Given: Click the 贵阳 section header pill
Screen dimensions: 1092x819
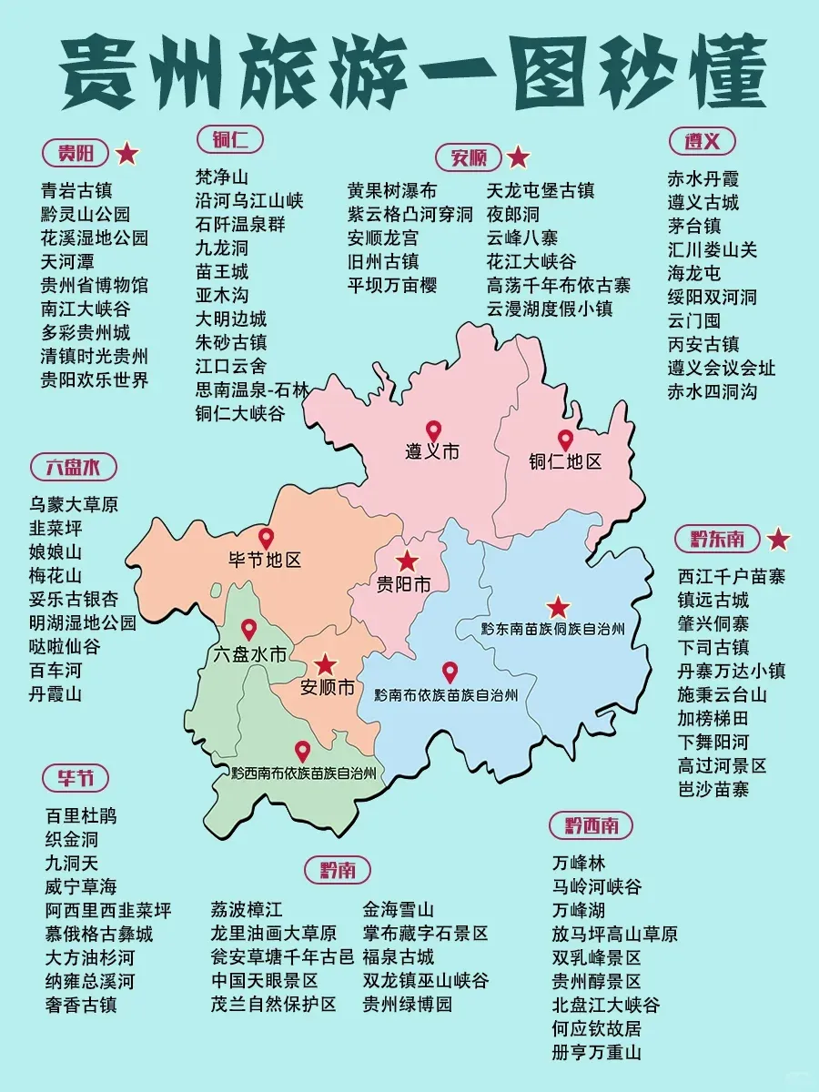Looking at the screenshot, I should coord(76,153).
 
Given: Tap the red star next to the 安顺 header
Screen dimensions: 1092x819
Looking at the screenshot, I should coord(518,157).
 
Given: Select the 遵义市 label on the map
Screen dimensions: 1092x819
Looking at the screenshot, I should coord(432,451).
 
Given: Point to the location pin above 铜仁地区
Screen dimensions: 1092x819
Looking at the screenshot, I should coord(565,440).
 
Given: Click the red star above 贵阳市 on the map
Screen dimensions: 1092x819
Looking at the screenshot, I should coord(407,561).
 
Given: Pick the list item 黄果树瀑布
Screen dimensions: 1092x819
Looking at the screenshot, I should coord(392,190).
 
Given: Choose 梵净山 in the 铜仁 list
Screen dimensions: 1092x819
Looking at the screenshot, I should coord(221,177).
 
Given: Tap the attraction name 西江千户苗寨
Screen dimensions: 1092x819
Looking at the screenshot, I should coord(732,576).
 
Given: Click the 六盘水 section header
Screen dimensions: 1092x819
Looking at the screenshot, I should coord(73,468).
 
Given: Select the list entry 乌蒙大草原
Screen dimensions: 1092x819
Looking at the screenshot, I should coord(74,504).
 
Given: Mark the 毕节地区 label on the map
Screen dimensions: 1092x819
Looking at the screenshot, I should coord(265,561).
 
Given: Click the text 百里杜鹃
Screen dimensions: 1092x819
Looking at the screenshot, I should coord(81,815).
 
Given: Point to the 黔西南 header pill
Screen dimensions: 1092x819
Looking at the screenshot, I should coord(591,825).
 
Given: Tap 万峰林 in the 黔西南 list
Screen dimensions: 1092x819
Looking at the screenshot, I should coord(578,863).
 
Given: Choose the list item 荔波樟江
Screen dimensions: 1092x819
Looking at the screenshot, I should coord(247,909).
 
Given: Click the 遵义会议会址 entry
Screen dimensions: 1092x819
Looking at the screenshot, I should coord(722,368).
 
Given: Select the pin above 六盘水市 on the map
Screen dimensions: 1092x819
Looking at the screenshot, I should coord(248,629).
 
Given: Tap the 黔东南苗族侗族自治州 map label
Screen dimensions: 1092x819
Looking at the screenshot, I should coord(553,629).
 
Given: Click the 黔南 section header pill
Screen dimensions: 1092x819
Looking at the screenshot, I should coord(338,870).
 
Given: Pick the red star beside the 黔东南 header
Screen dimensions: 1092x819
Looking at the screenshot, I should coord(779,540).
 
